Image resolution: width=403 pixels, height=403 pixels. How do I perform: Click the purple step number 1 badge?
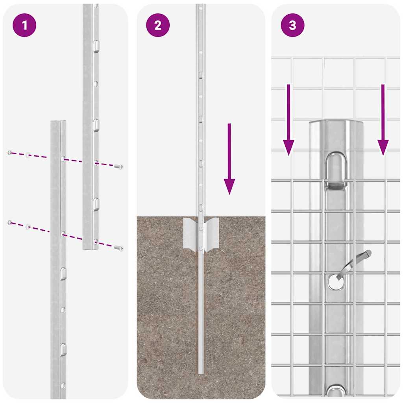click(24, 26)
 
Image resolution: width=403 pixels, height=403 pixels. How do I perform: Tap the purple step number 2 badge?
click(158, 26)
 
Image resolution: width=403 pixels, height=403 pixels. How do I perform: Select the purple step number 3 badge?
click(292, 26)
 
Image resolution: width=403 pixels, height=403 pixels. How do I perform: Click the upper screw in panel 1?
click(118, 167)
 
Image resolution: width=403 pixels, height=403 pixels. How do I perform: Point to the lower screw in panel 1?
click(118, 248)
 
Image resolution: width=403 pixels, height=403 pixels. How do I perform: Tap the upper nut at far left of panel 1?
click(10, 152)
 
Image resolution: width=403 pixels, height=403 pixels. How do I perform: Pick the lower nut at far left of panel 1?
click(10, 223)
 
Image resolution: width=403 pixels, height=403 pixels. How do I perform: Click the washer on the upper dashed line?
click(28, 155)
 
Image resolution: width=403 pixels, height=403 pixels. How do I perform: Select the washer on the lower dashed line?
click(28, 227)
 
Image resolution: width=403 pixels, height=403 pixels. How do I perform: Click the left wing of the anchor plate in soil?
click(190, 234)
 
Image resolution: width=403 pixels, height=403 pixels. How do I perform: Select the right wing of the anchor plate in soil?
click(212, 234)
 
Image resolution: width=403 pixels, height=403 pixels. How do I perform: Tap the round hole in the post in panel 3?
click(335, 282)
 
